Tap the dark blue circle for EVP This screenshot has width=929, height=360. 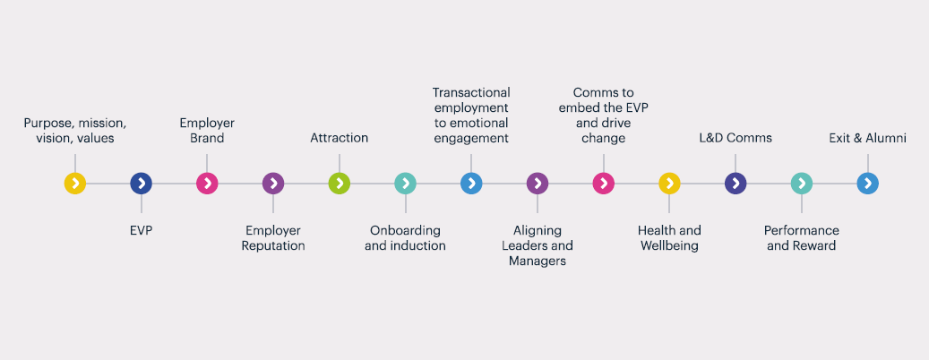coord(141,184)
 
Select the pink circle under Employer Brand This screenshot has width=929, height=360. coord(207,184)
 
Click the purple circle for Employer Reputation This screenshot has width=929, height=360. coord(273,184)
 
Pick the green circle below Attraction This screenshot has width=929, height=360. coord(340,184)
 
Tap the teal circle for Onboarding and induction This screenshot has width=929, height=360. coord(405,184)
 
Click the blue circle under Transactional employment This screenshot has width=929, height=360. coord(471,184)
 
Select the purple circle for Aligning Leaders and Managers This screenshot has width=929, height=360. coord(538,184)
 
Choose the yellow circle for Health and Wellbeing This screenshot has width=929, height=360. coord(669,184)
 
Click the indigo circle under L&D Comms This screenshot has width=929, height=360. coord(735,184)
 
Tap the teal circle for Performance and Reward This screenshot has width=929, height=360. coord(802,184)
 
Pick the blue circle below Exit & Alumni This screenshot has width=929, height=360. coord(867,184)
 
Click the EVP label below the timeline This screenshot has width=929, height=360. coord(141,230)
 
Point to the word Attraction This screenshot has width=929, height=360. coord(340,138)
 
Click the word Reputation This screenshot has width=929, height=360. coord(273,245)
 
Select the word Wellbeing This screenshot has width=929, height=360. coord(669,245)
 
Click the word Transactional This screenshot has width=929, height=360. coord(471,92)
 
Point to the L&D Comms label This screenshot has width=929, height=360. coord(735,138)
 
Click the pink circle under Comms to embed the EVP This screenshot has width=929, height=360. coord(603,184)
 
